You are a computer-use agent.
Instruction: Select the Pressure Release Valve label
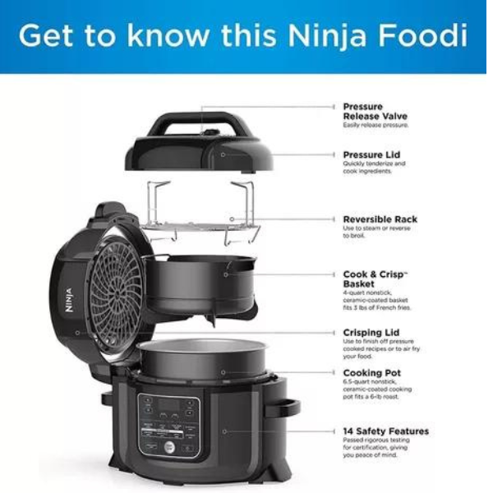tap(375, 112)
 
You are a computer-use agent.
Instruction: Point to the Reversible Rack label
tap(380, 219)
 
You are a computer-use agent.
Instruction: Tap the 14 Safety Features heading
tap(385, 431)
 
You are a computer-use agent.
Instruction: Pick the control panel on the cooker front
tap(169, 423)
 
